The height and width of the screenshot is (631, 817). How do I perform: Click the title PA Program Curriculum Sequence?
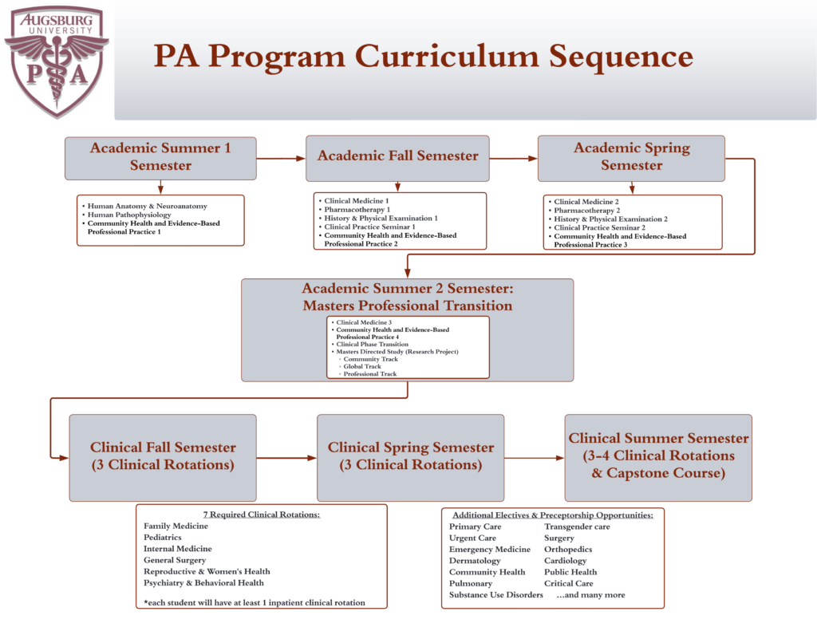click(423, 57)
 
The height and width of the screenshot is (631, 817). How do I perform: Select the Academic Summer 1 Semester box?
click(160, 157)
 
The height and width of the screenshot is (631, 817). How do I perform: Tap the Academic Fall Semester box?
click(397, 156)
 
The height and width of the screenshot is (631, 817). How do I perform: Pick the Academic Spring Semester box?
click(631, 157)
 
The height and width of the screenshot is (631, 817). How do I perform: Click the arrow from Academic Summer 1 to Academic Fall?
click(281, 158)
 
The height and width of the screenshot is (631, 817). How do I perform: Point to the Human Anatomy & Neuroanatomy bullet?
click(147, 206)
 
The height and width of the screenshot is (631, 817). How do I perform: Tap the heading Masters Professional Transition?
click(407, 306)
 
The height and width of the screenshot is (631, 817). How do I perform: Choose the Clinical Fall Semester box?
click(163, 456)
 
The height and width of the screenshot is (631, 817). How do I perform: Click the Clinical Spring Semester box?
click(410, 456)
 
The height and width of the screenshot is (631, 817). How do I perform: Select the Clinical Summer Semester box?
click(658, 456)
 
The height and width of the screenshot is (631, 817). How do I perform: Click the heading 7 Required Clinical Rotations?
click(261, 515)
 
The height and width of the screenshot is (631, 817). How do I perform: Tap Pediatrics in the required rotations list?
click(163, 538)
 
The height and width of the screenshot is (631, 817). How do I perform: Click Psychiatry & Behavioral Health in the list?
click(203, 583)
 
